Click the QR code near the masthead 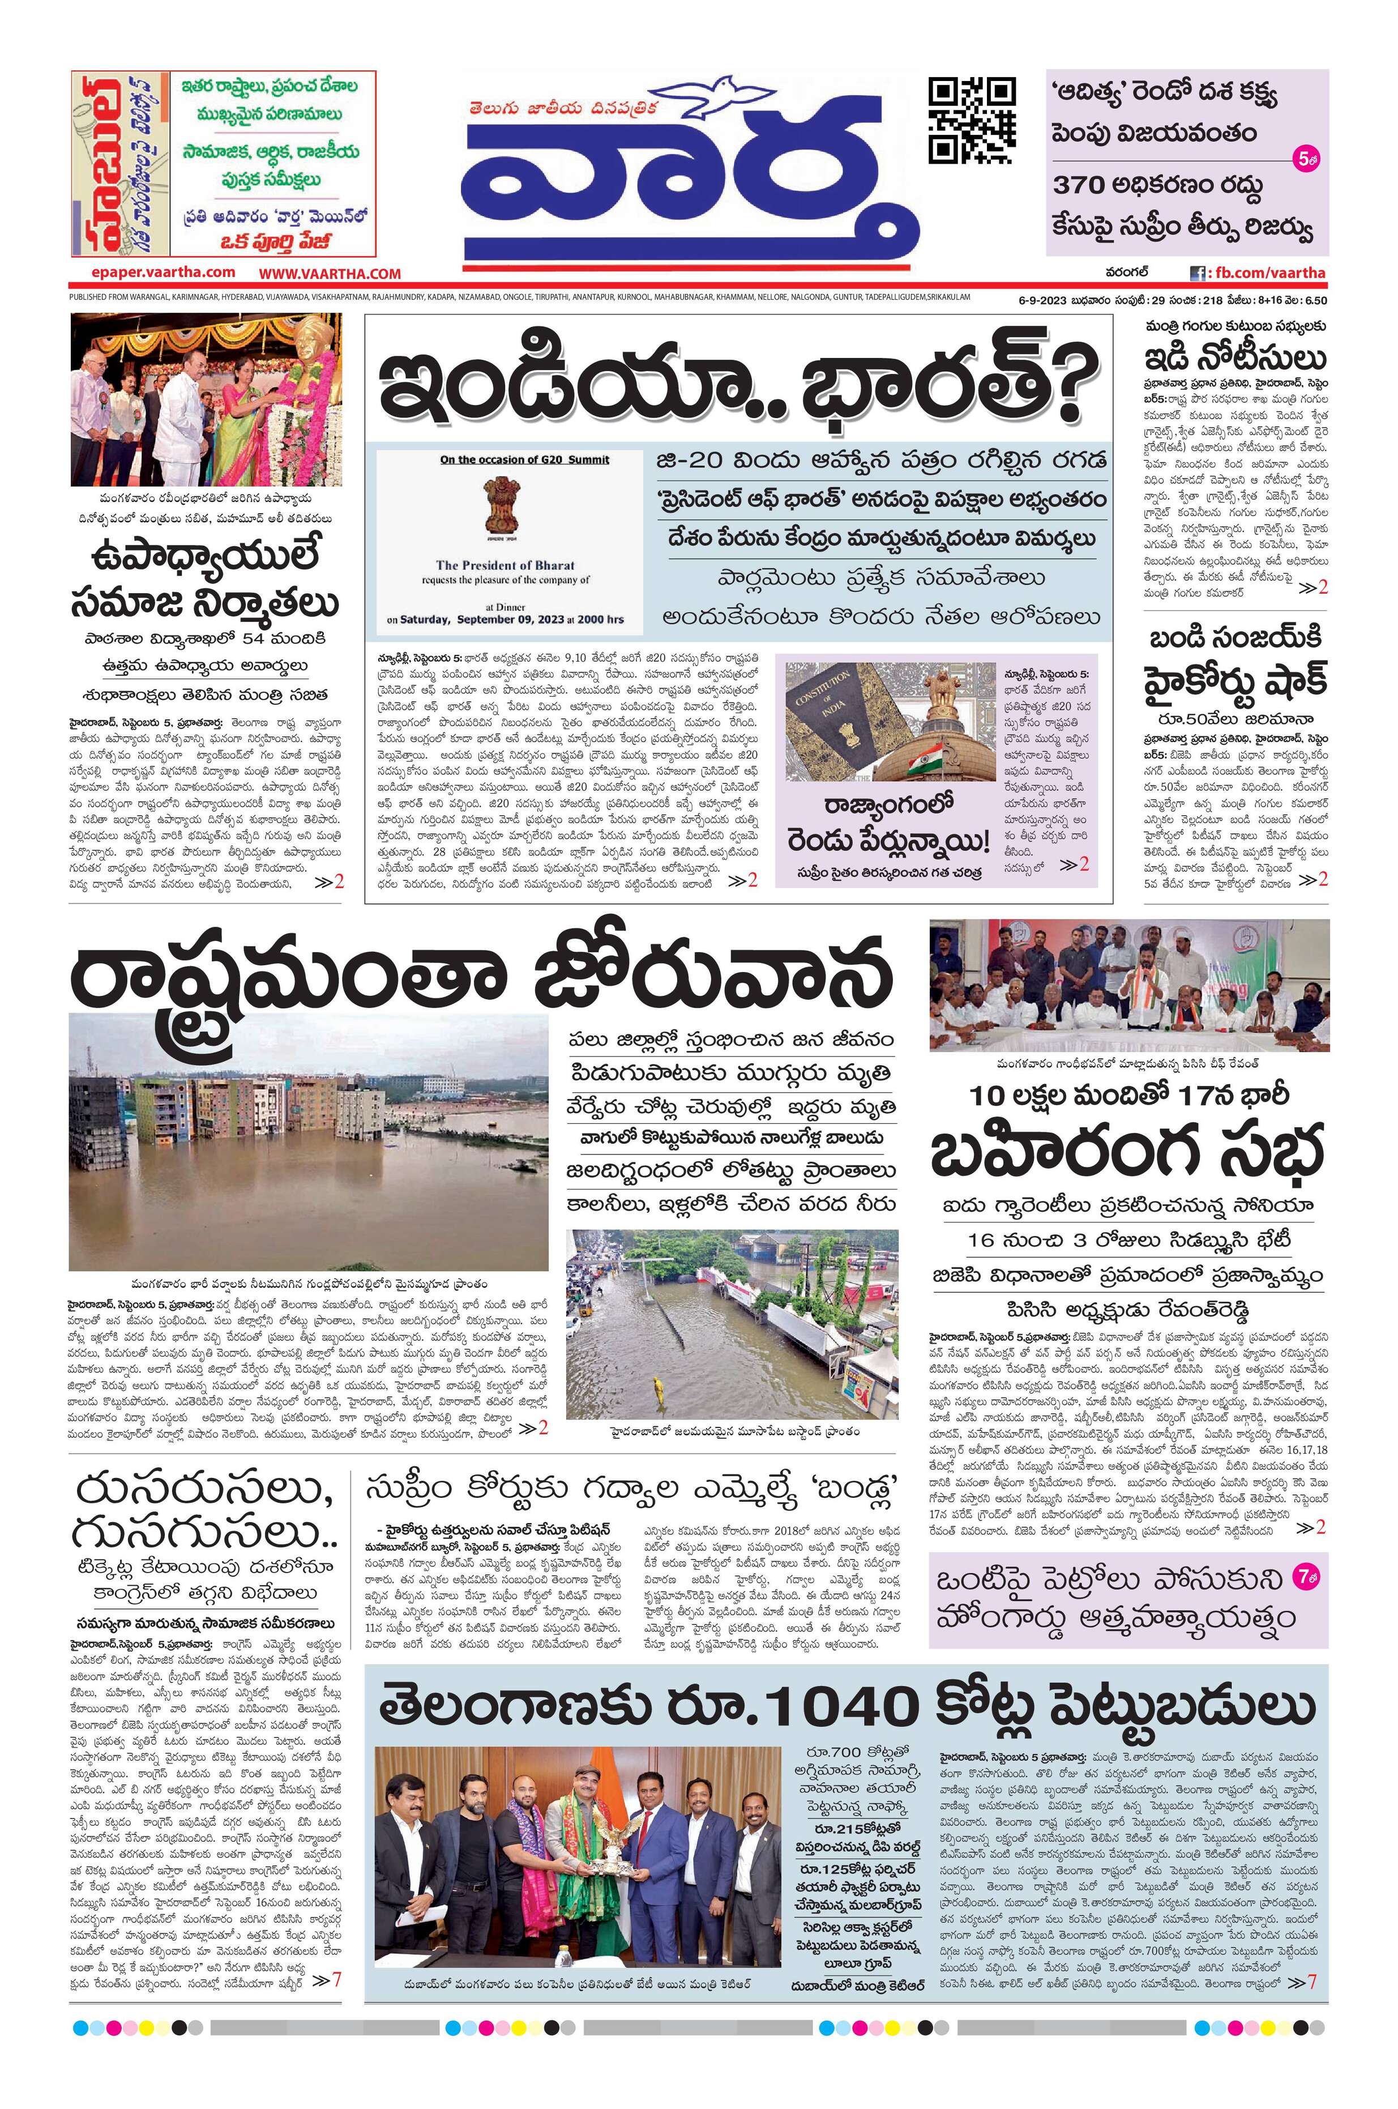tap(972, 121)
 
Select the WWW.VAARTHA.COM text tap(330, 274)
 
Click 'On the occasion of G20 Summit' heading tap(524, 459)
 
